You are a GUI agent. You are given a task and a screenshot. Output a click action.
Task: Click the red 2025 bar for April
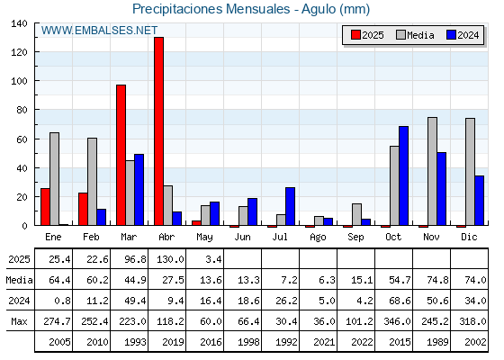158,131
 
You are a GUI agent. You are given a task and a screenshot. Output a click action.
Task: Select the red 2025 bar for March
121,155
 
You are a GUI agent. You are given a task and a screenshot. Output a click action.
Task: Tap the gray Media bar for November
432,171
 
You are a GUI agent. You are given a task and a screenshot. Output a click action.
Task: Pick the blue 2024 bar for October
404,175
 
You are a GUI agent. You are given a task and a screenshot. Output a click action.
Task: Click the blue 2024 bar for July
290,206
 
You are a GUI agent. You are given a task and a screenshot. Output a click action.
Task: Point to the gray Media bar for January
54,179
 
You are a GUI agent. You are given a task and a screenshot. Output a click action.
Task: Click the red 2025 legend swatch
355,35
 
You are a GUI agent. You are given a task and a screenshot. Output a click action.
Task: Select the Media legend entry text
420,35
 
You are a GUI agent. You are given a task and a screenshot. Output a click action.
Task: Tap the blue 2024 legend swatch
451,35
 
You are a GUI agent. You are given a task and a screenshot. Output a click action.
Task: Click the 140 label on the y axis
19,23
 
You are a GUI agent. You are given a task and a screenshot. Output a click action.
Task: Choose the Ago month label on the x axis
318,238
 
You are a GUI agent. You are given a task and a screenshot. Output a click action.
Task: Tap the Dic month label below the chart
469,237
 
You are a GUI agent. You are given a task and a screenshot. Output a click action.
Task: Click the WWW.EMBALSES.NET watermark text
99,31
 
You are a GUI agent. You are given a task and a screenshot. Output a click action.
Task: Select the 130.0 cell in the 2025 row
170,259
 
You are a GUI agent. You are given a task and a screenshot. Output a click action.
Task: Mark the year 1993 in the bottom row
136,342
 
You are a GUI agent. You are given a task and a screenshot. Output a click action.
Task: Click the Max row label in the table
19,321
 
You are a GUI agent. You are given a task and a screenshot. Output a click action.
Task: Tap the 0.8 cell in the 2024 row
63,301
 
